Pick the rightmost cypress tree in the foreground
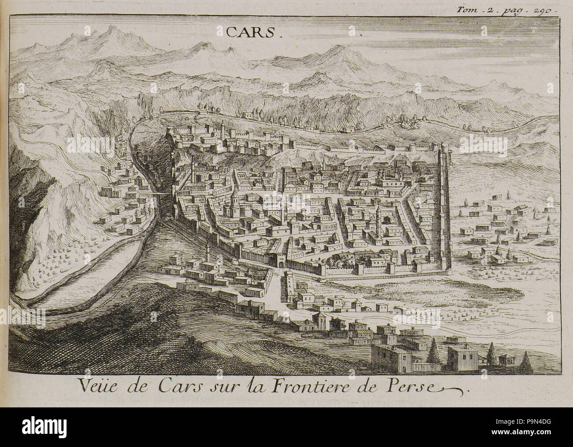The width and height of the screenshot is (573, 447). (525, 358)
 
